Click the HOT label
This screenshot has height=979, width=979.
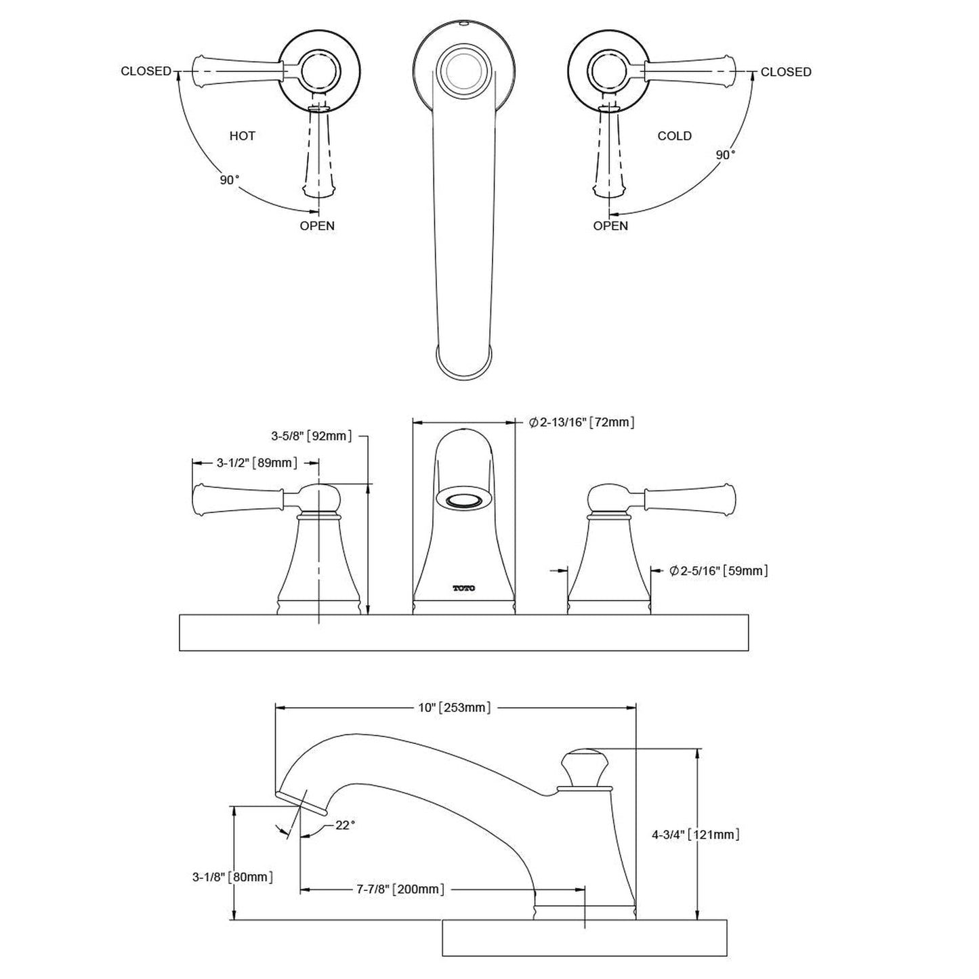(x=242, y=136)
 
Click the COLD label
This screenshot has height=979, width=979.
(x=674, y=136)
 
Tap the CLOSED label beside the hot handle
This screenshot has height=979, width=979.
(x=146, y=71)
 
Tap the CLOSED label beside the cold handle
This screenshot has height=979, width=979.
(x=785, y=72)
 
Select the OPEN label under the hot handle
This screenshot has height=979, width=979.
(x=317, y=226)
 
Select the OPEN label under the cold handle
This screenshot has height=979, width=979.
(x=610, y=226)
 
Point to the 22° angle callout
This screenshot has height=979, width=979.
(x=345, y=825)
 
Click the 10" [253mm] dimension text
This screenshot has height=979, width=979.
(x=454, y=708)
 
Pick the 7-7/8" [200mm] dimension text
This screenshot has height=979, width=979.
(x=401, y=889)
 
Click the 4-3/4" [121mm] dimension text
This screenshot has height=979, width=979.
(x=695, y=835)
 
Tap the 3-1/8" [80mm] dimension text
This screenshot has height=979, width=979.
(x=232, y=877)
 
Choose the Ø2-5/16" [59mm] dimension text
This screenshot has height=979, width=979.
(x=718, y=571)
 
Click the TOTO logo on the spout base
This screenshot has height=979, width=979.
(x=464, y=588)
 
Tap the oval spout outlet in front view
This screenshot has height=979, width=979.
(x=463, y=501)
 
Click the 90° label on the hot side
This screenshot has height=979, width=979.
(x=229, y=180)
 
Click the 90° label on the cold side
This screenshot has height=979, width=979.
(x=726, y=155)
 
